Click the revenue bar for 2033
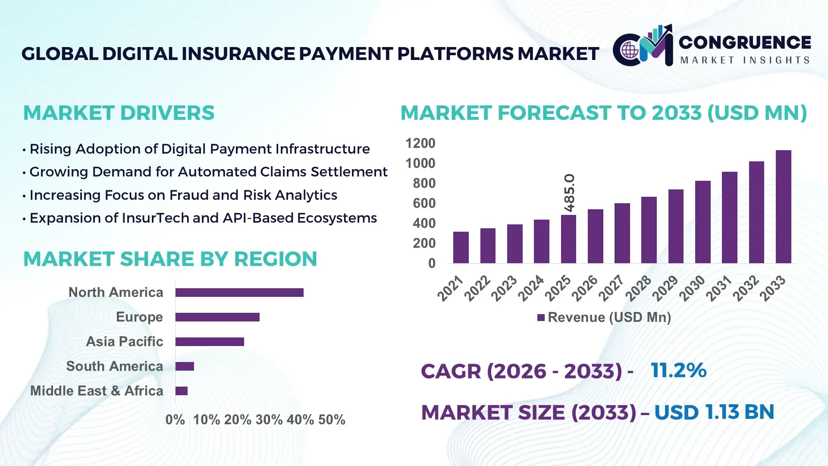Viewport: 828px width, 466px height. click(x=783, y=207)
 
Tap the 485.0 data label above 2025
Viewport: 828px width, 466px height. click(x=569, y=193)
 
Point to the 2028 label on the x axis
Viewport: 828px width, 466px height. click(x=639, y=288)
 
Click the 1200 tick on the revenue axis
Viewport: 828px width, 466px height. click(x=420, y=143)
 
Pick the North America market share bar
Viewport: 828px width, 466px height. click(x=239, y=293)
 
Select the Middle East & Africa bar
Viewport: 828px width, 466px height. click(x=182, y=391)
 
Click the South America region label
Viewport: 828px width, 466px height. click(x=114, y=366)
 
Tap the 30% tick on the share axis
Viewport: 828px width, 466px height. click(x=269, y=420)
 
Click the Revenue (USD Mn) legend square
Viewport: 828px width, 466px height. click(x=541, y=318)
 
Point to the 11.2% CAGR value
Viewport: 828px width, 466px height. click(x=678, y=370)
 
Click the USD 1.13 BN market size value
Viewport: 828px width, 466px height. click(x=714, y=412)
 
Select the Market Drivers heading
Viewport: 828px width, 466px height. click(x=119, y=113)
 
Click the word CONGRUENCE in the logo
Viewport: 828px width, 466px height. click(x=745, y=42)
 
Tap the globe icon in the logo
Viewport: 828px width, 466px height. click(x=630, y=50)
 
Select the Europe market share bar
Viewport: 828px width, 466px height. click(x=217, y=317)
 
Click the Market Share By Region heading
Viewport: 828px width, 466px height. click(x=170, y=259)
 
